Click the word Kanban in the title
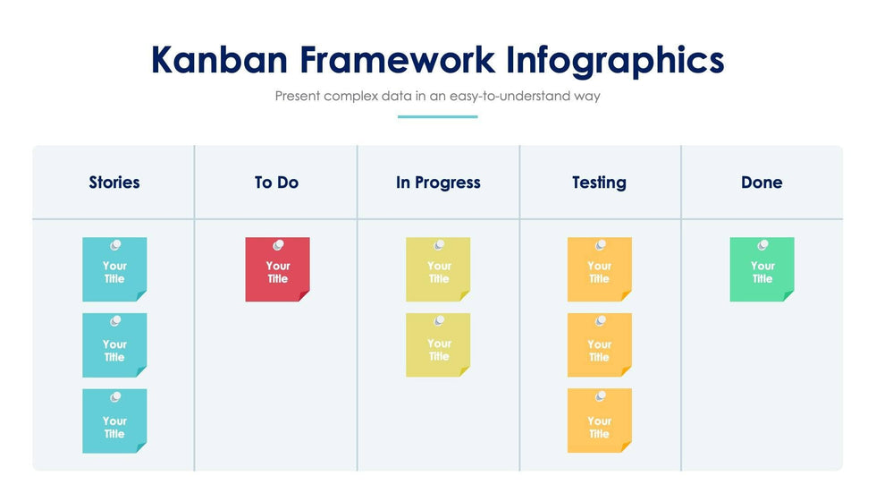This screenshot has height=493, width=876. pyautogui.click(x=219, y=60)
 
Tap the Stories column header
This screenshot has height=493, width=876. pyautogui.click(x=114, y=183)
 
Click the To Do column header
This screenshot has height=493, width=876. pyautogui.click(x=276, y=183)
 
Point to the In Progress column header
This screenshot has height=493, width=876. pyautogui.click(x=438, y=183)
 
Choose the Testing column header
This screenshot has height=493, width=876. pyautogui.click(x=599, y=183)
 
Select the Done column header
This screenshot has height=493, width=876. pyautogui.click(x=762, y=183)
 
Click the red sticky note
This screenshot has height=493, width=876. pyautogui.click(x=277, y=269)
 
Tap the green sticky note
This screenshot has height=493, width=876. pyautogui.click(x=762, y=269)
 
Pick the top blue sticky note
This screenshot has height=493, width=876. pyautogui.click(x=114, y=269)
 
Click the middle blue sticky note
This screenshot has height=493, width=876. pyautogui.click(x=114, y=344)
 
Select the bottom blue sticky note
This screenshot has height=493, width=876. pyautogui.click(x=114, y=421)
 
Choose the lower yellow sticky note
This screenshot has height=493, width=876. pyautogui.click(x=438, y=344)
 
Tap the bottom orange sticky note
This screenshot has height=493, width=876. pyautogui.click(x=600, y=421)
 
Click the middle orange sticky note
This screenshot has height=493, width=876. pyautogui.click(x=600, y=344)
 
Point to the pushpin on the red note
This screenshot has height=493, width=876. pyautogui.click(x=278, y=245)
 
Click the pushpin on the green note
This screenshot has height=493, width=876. pyautogui.click(x=762, y=245)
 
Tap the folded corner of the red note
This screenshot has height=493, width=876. pyautogui.click(x=305, y=296)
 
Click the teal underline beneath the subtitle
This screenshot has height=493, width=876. pyautogui.click(x=437, y=117)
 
